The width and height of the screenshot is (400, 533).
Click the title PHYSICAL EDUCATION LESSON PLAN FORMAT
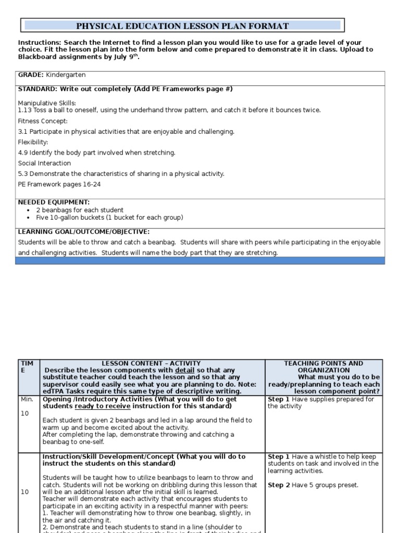182,26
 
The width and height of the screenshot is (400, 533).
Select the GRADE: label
31,75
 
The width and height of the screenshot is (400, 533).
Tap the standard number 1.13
24,110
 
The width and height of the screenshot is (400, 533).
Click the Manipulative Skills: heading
47,103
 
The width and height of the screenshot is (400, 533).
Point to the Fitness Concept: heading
43,121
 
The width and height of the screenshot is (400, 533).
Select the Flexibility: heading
33,142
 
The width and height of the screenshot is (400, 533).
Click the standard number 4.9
23,153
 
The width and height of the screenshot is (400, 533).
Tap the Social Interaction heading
44,163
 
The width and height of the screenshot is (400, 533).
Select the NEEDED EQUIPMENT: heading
54,202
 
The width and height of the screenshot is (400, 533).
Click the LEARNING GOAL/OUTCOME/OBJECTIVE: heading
83,232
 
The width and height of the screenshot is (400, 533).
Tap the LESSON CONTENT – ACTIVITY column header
151,363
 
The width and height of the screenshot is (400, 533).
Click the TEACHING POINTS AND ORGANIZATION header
323,366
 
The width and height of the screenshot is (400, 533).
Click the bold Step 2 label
279,485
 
